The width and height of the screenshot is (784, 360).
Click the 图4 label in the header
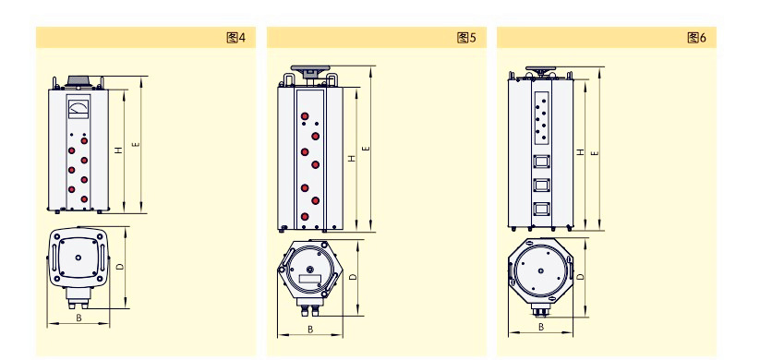[236, 38]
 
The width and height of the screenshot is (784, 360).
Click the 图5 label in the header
[466, 38]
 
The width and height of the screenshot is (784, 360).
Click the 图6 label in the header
[696, 38]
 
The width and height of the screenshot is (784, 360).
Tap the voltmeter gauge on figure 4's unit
[78, 109]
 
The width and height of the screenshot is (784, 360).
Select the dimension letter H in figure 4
[118, 150]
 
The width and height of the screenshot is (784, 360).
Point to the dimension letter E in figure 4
[136, 145]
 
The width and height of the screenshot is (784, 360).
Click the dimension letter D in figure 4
[119, 267]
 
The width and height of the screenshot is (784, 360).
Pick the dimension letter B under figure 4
[78, 318]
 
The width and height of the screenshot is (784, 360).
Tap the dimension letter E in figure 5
[366, 149]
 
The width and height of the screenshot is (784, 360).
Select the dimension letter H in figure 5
[352, 159]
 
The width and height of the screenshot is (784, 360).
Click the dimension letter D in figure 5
[353, 277]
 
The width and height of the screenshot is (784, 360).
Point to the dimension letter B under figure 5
[310, 329]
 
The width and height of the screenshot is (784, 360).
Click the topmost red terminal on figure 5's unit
[305, 116]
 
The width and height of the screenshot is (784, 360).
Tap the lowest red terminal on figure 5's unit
[305, 217]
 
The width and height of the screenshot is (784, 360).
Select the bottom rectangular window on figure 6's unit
[541, 209]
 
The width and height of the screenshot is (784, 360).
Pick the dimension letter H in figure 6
[581, 152]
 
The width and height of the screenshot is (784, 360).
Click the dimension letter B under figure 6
[541, 327]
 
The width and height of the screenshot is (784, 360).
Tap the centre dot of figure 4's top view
[78, 258]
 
